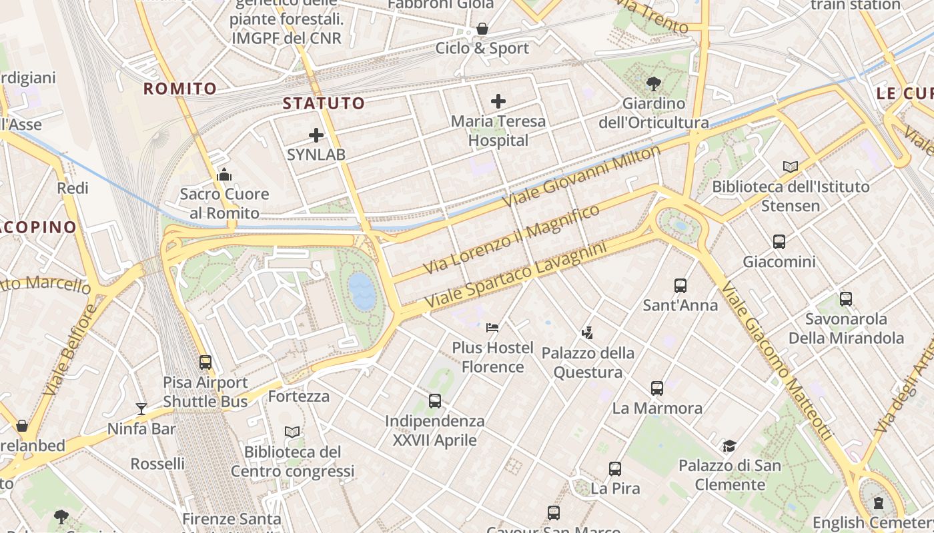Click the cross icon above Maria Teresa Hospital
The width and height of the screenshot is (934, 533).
[498, 101]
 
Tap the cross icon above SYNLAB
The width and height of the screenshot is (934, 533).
[316, 135]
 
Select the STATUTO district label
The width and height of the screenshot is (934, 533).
[324, 103]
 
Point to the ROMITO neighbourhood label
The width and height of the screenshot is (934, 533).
[180, 89]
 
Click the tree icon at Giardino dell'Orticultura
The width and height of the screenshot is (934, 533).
[653, 84]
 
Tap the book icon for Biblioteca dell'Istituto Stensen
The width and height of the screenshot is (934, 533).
[791, 167]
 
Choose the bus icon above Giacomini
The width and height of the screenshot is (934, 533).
[779, 242]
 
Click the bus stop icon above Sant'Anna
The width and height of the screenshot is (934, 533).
[680, 285]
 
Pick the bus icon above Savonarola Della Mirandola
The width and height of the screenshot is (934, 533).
[845, 298]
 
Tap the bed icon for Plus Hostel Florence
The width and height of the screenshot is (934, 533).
[492, 327]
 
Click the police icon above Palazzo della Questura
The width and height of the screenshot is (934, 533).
[588, 332]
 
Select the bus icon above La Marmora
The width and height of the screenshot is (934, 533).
[657, 388]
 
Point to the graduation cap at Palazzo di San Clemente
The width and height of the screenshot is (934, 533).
[729, 446]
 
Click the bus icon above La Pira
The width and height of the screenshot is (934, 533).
[615, 468]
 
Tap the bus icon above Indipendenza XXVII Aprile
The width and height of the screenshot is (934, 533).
[435, 400]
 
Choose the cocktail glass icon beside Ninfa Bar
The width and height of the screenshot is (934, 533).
[141, 408]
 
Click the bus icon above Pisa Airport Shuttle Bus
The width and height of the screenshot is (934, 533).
[205, 362]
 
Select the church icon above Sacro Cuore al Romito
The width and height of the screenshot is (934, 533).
[224, 175]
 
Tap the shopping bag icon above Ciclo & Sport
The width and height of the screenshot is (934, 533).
[482, 29]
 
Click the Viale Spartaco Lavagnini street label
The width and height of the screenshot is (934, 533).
[516, 275]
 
